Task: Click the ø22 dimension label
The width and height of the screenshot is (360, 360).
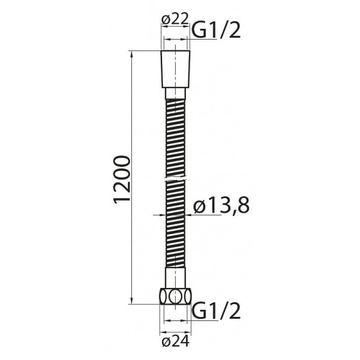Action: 173,19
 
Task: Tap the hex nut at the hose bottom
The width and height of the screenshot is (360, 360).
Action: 175,297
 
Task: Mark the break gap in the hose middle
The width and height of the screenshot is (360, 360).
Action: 175,179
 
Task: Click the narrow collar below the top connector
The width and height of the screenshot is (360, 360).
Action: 175,95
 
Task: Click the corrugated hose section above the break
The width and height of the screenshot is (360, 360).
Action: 175,138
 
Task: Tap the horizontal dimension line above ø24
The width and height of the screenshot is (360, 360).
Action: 175,329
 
